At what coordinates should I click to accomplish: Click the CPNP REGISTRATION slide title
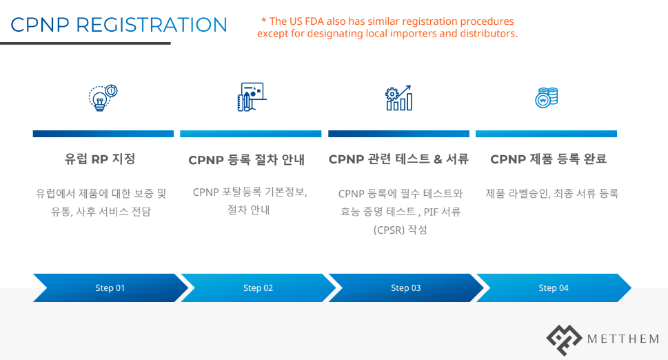[x=119, y=25]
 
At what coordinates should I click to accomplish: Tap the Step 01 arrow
[x=110, y=288]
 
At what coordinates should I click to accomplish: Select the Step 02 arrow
[x=258, y=288]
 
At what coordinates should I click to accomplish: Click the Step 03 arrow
[x=405, y=288]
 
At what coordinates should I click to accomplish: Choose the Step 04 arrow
[x=553, y=288]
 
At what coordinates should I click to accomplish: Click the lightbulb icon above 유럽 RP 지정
[x=102, y=97]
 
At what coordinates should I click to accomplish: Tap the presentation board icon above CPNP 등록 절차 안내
[x=251, y=97]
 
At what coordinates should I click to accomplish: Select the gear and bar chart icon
[x=398, y=98]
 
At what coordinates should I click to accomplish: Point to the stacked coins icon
[x=546, y=98]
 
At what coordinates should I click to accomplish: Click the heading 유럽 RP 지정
[x=100, y=159]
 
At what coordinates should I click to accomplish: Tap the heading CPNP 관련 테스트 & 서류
[x=398, y=159]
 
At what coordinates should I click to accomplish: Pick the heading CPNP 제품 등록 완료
[x=548, y=159]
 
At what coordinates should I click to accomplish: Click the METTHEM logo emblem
[x=564, y=339]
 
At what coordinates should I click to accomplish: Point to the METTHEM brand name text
[x=623, y=339]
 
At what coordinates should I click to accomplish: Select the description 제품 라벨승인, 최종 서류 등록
[x=552, y=193]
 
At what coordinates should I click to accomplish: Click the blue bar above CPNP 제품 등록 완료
[x=546, y=134]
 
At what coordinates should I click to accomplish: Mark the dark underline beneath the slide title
[x=85, y=43]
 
